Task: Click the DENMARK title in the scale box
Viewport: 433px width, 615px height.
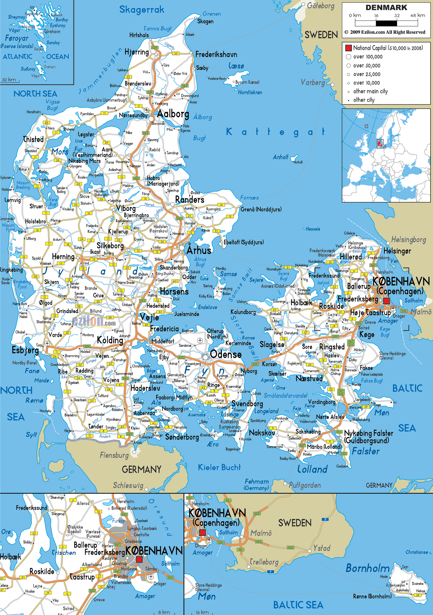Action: pos(386,7)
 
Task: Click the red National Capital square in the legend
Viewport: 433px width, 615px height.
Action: pos(348,48)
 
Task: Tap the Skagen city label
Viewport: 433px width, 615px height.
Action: pos(205,22)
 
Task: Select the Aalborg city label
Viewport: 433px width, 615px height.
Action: pos(173,114)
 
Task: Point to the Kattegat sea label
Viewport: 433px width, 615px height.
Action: pos(275,132)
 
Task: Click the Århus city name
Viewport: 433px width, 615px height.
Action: pos(199,250)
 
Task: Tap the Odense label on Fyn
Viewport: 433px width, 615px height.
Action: pos(226,354)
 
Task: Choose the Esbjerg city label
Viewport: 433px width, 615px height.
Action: pos(25,350)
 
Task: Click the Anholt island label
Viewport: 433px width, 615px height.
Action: pos(280,157)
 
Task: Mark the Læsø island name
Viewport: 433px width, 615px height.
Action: pos(236,66)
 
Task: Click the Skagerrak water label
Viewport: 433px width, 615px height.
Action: pos(142,10)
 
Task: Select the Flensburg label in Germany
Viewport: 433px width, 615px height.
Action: pos(114,455)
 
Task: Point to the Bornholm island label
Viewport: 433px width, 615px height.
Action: pos(367,568)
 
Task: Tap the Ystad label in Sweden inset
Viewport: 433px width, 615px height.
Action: pos(322,548)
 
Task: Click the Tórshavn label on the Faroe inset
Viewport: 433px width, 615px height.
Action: pos(52,32)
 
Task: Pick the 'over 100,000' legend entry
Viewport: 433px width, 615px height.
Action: pos(368,57)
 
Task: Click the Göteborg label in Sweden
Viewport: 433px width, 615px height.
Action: pos(321,6)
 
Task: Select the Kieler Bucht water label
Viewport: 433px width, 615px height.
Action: pos(219,467)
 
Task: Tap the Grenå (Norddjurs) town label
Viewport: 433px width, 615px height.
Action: pos(261,209)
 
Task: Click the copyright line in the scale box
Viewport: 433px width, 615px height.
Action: pos(385,32)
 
